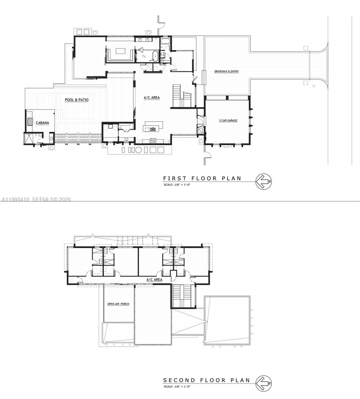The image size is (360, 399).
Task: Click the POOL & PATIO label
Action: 77,100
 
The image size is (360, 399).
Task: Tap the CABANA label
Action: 42,123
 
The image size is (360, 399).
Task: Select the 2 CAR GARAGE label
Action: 228,120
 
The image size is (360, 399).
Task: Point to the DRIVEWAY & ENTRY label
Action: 226,71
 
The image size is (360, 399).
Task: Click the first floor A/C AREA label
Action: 152,98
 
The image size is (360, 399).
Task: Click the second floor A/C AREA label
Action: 154,280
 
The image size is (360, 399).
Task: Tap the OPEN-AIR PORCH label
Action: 118,304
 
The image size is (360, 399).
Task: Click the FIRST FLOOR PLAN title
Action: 202,179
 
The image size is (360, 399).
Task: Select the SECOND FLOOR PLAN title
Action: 206,380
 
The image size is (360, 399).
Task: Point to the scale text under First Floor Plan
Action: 177,185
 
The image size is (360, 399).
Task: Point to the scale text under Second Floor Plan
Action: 177,386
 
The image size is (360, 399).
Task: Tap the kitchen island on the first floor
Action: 153,127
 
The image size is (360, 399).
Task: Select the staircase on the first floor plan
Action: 182,96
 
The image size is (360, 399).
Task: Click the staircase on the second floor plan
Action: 182,296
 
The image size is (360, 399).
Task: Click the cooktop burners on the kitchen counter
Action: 153,141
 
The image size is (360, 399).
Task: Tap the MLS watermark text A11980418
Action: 15,199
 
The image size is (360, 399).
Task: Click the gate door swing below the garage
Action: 207,156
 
